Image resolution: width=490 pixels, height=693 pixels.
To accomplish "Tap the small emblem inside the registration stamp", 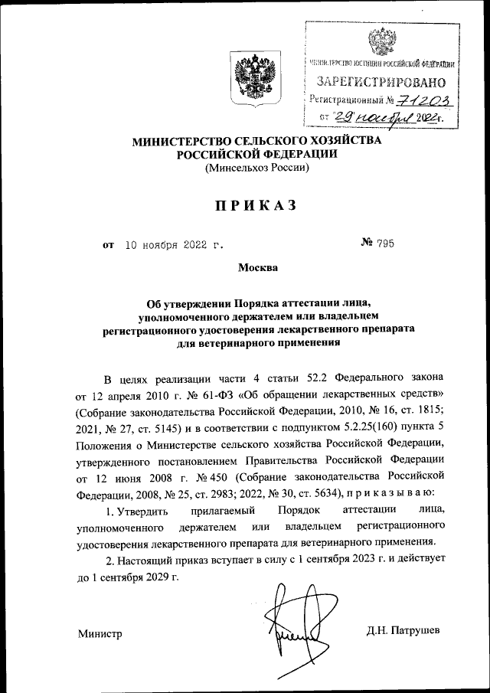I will click(x=380, y=41).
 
